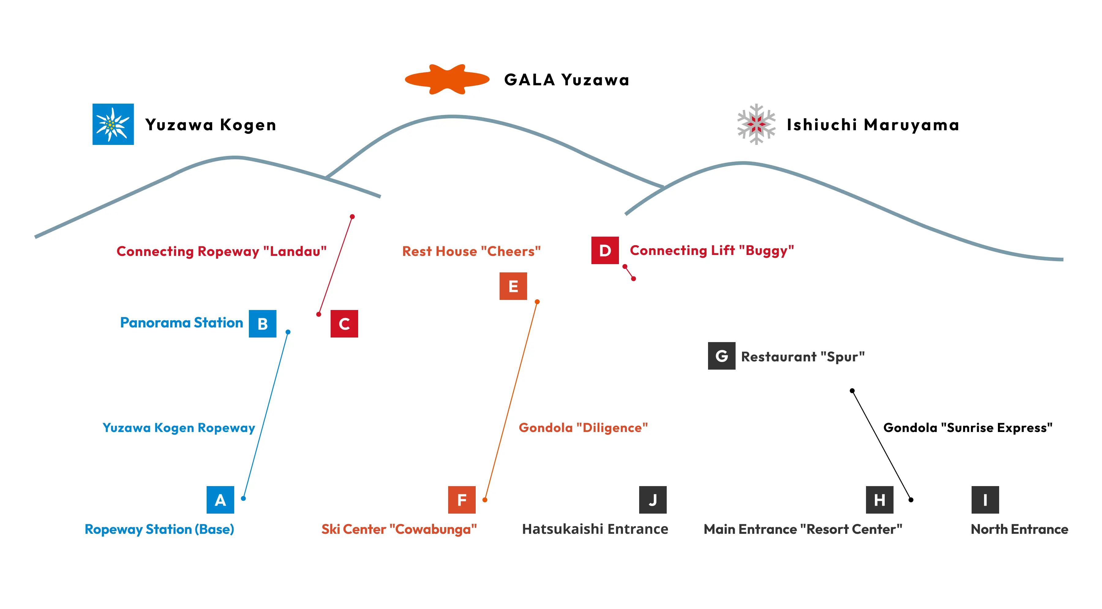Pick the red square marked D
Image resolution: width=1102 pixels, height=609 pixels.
[605, 250]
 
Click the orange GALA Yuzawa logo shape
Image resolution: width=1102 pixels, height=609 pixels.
[447, 79]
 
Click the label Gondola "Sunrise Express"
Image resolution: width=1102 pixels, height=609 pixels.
[967, 428]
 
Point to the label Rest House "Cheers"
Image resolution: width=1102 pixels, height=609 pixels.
[471, 251]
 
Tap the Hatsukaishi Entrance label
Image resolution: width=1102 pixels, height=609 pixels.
[595, 529]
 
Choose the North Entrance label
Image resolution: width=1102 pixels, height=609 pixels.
[1019, 529]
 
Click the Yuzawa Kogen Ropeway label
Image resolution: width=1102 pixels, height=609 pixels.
[178, 428]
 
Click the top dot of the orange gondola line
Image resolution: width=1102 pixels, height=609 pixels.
[537, 302]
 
